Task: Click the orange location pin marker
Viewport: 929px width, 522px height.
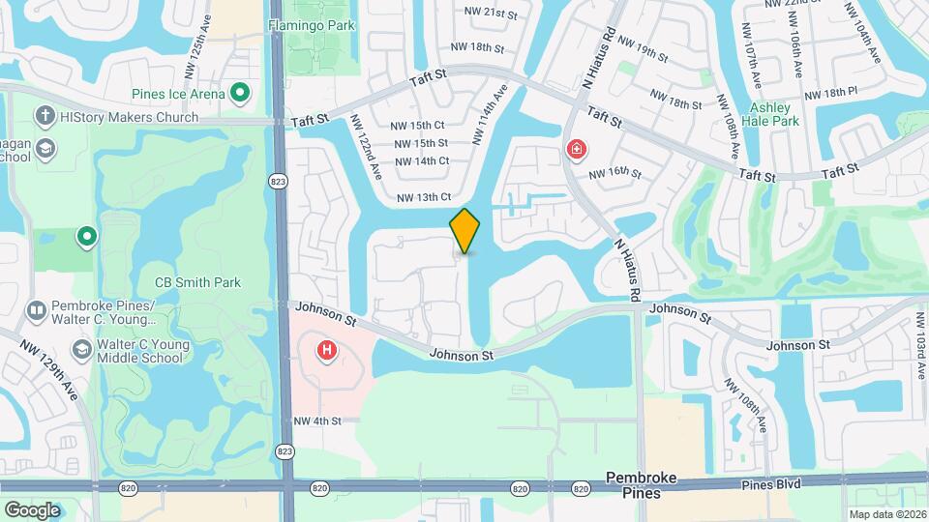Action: click(x=465, y=231)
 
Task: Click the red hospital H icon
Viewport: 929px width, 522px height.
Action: click(x=327, y=350)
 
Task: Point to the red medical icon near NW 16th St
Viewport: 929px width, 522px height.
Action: click(x=576, y=149)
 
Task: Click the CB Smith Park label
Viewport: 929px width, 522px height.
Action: click(x=197, y=283)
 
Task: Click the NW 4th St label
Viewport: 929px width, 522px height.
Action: click(x=318, y=420)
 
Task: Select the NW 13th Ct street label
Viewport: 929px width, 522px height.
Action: click(x=424, y=197)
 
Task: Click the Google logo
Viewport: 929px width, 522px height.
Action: click(x=32, y=509)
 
